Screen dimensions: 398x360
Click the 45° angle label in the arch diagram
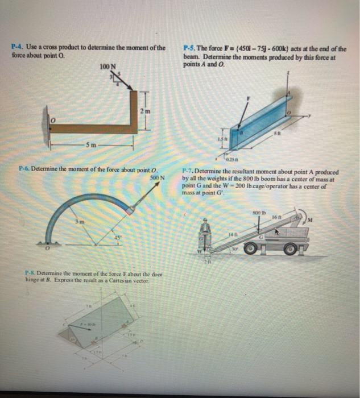(x=118, y=237)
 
